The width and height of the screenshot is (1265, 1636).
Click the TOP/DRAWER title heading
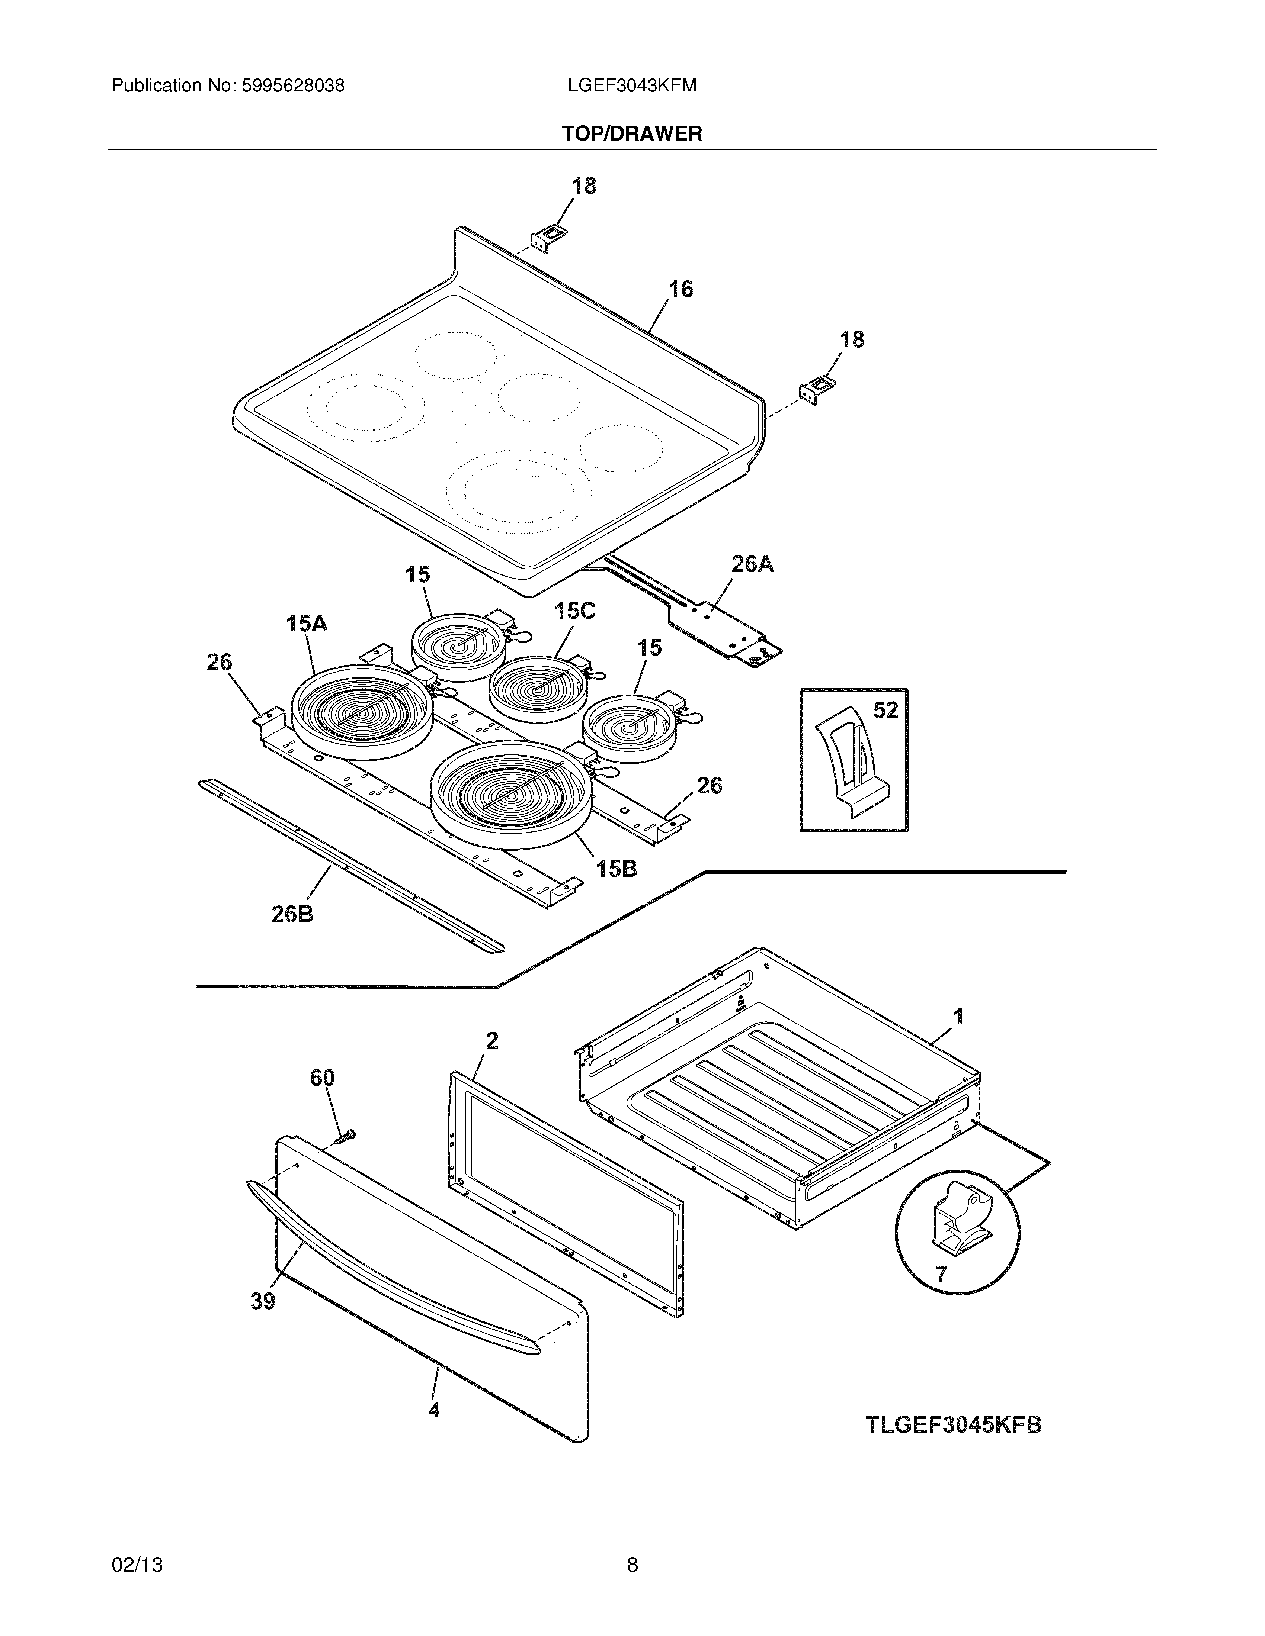632,134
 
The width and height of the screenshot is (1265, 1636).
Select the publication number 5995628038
292,86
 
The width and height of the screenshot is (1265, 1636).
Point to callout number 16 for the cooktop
680,289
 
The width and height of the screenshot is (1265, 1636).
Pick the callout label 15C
575,611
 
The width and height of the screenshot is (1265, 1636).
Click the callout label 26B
292,914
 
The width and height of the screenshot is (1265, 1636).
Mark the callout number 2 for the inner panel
491,1040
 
